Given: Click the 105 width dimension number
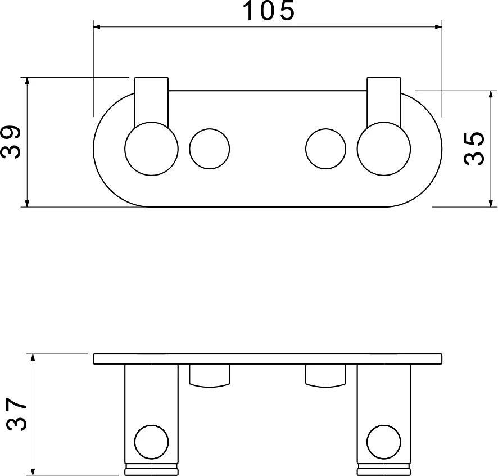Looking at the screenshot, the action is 269,11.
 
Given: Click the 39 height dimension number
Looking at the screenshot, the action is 11,142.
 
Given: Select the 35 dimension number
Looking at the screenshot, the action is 474,149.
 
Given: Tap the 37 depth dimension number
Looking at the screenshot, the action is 17,414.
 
